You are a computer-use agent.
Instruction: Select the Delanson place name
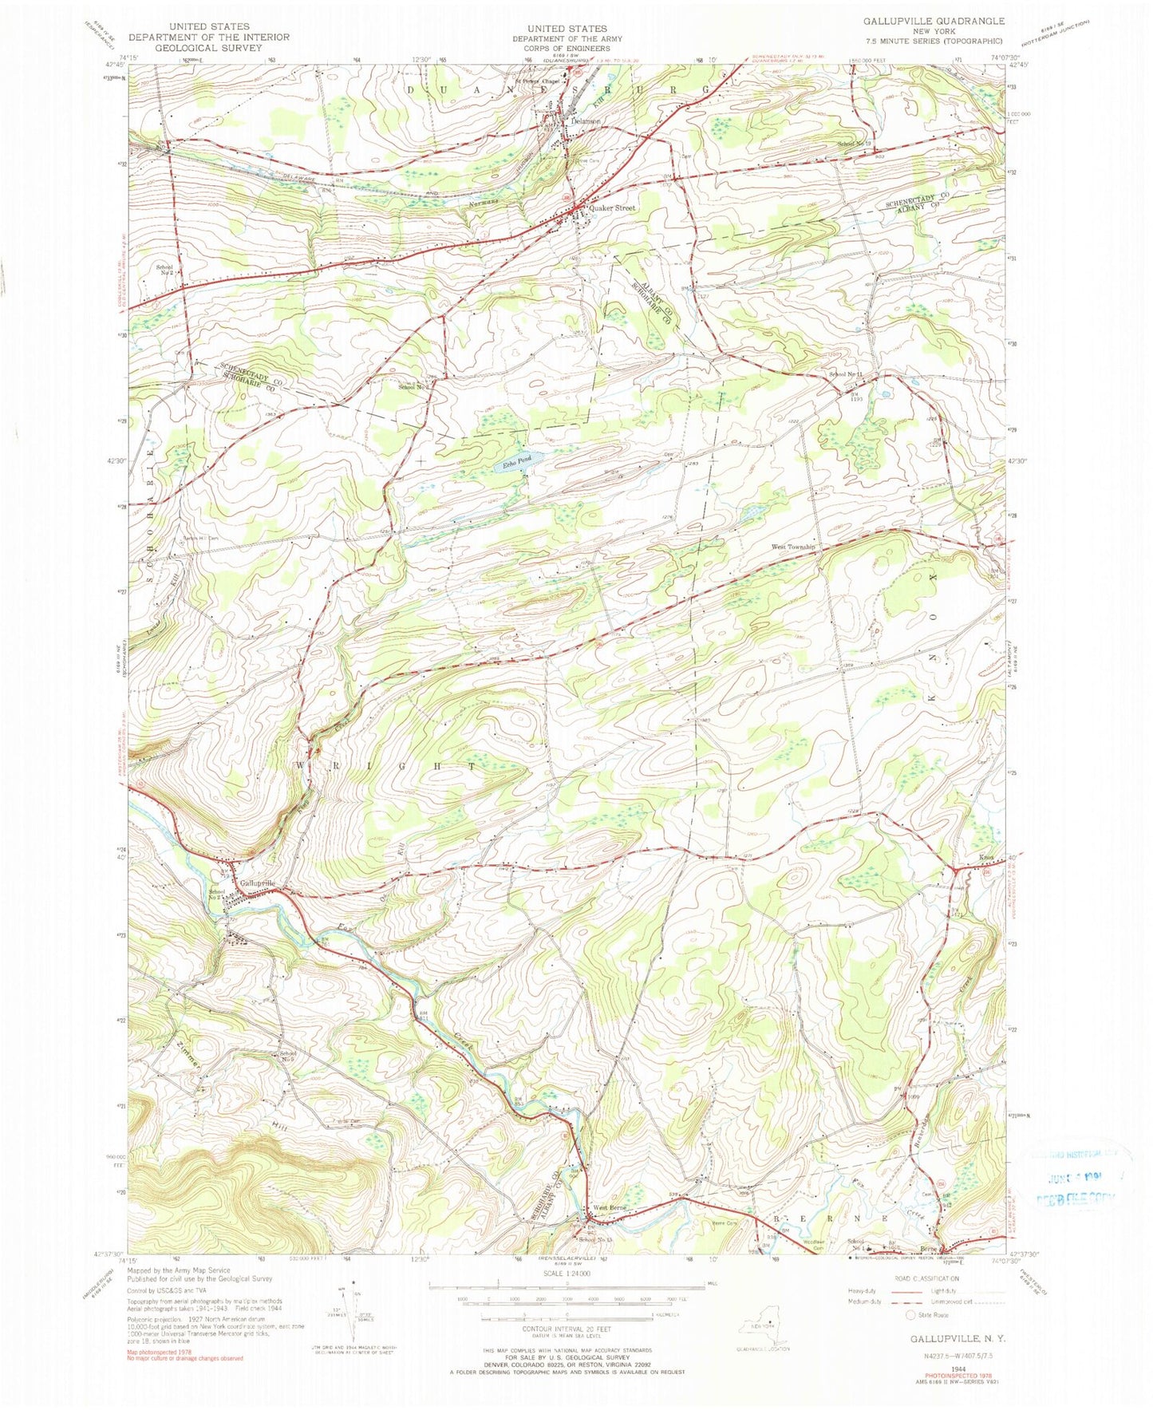click(584, 121)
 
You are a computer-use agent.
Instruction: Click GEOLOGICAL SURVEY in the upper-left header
click(209, 47)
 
